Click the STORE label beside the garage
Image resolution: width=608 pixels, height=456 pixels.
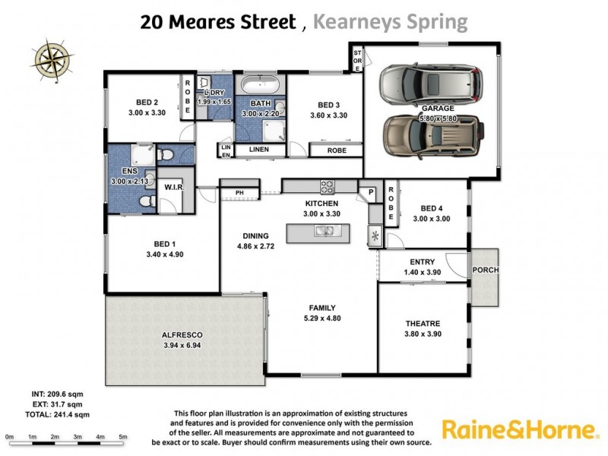click(x=356, y=59)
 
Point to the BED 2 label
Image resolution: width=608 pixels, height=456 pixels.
click(x=147, y=103)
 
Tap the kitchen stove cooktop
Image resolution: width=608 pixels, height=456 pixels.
click(x=328, y=185)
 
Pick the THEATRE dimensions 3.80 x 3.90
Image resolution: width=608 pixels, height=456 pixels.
click(x=422, y=332)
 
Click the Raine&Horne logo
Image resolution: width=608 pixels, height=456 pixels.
click(x=519, y=430)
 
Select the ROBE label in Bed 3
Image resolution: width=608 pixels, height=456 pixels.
click(x=336, y=150)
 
